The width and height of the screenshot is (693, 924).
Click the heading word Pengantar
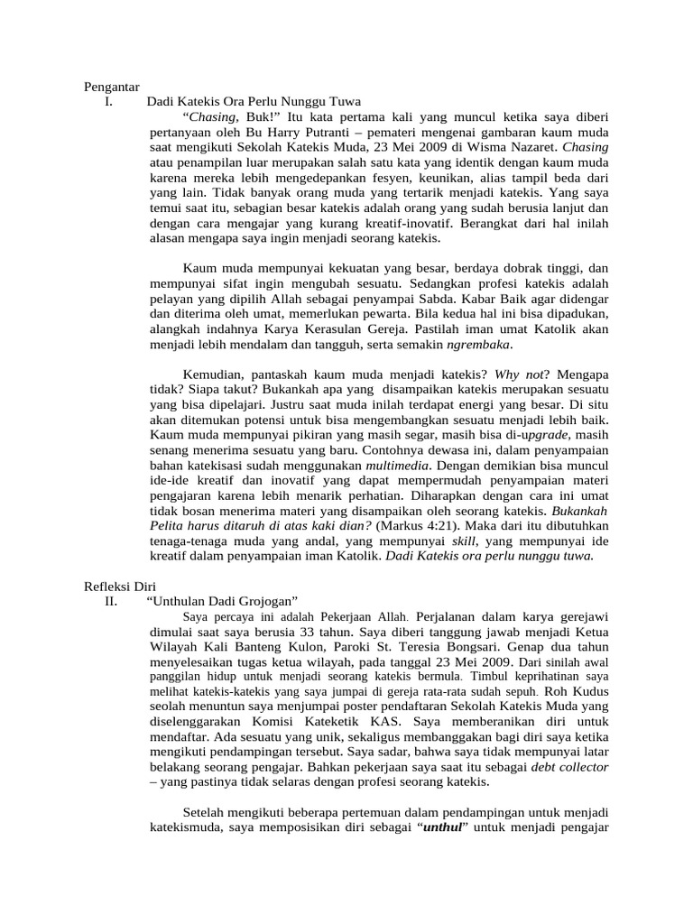click(x=112, y=88)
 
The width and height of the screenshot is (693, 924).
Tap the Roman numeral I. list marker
click(x=109, y=102)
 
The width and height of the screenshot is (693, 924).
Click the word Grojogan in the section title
click(x=260, y=600)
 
